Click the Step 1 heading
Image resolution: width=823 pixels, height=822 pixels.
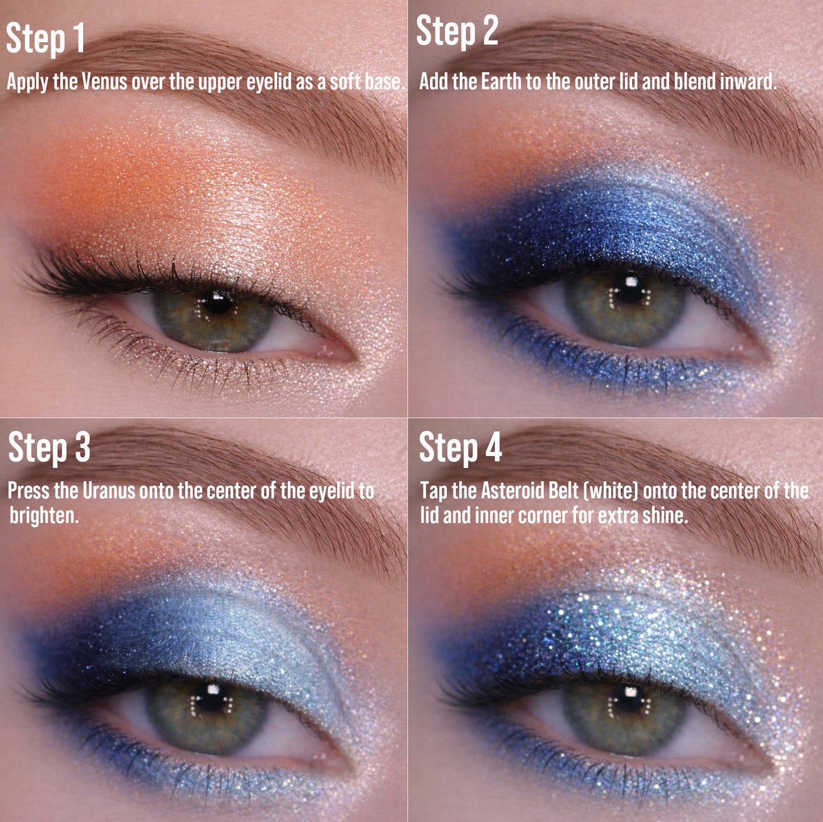pyautogui.click(x=46, y=39)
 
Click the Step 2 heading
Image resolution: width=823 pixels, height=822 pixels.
pyautogui.click(x=457, y=31)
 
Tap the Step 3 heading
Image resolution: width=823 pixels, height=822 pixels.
pyautogui.click(x=49, y=447)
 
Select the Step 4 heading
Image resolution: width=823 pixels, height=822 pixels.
pyautogui.click(x=460, y=447)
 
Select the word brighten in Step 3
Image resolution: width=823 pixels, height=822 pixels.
pyautogui.click(x=43, y=516)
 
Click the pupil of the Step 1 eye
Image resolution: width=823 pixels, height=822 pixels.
pyautogui.click(x=218, y=303)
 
